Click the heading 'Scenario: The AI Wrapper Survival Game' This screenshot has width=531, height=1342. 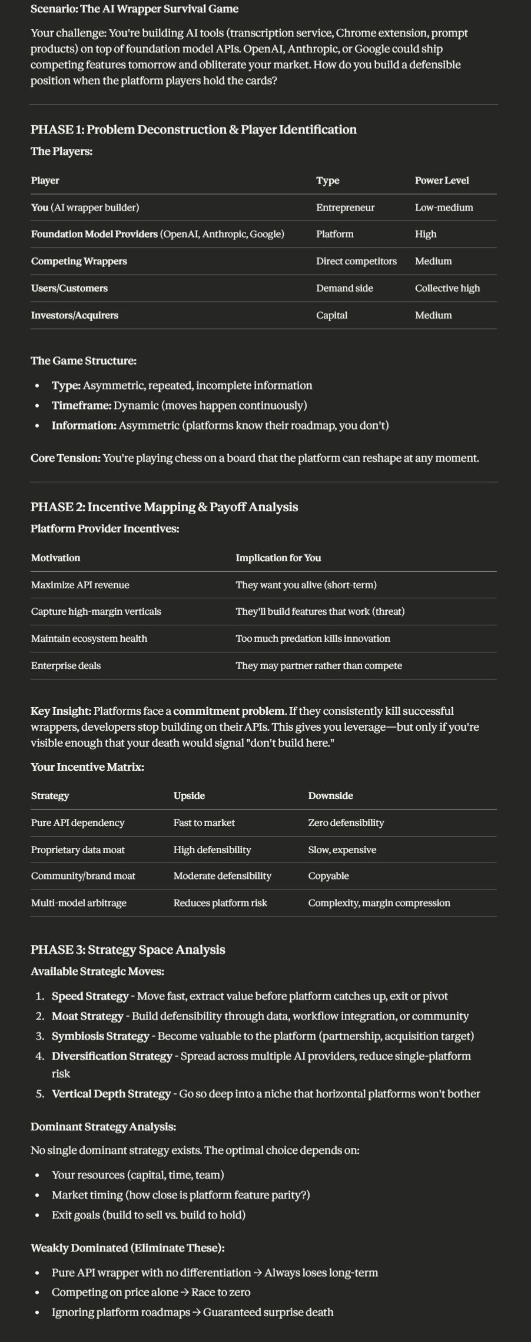point(134,9)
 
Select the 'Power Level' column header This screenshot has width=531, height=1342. point(442,181)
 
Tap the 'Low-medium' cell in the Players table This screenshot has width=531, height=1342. point(444,208)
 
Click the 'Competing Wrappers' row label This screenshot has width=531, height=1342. point(79,261)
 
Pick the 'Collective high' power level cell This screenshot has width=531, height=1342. point(447,288)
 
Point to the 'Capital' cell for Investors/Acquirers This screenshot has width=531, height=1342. point(331,315)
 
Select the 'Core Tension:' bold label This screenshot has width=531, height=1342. point(65,458)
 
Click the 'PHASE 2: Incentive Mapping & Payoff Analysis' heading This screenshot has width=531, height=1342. point(164,507)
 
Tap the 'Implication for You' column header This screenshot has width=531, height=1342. point(278,558)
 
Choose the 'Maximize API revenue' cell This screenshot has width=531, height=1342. point(80,585)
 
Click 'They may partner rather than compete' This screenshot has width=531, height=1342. point(318,665)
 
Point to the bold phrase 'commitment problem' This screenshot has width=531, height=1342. point(228,711)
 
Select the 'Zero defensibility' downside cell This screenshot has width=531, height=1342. point(346,822)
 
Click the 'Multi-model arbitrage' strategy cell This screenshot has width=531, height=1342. point(78,903)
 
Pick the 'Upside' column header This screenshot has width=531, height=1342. point(189,795)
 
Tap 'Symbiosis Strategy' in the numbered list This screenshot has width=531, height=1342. point(100,1036)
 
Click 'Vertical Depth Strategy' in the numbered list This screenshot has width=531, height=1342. point(111,1094)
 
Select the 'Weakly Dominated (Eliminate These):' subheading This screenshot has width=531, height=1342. point(127,1248)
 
